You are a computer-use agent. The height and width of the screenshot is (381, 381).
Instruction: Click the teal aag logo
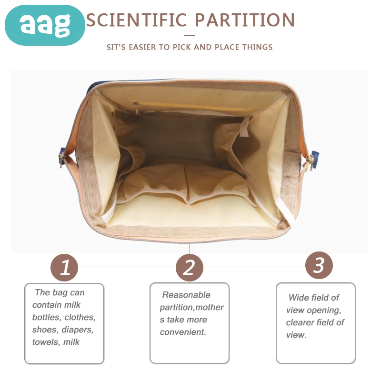point(45,25)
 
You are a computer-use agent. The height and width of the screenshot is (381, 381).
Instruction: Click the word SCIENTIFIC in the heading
point(137,20)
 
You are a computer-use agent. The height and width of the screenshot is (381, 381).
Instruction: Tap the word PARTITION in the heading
point(245,20)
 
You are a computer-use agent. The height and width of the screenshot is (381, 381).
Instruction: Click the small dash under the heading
point(190,36)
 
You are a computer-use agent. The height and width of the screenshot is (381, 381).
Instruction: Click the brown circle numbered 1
point(64,268)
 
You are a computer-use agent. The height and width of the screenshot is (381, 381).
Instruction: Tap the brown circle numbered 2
point(190,268)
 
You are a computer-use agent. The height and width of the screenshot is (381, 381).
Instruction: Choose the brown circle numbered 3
point(319,265)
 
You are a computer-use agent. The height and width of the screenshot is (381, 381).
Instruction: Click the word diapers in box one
point(78,330)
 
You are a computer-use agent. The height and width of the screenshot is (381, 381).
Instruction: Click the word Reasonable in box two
point(186,295)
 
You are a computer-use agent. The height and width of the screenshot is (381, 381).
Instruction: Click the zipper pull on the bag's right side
point(311,162)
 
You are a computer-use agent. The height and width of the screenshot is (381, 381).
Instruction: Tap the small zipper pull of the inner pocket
point(136,108)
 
